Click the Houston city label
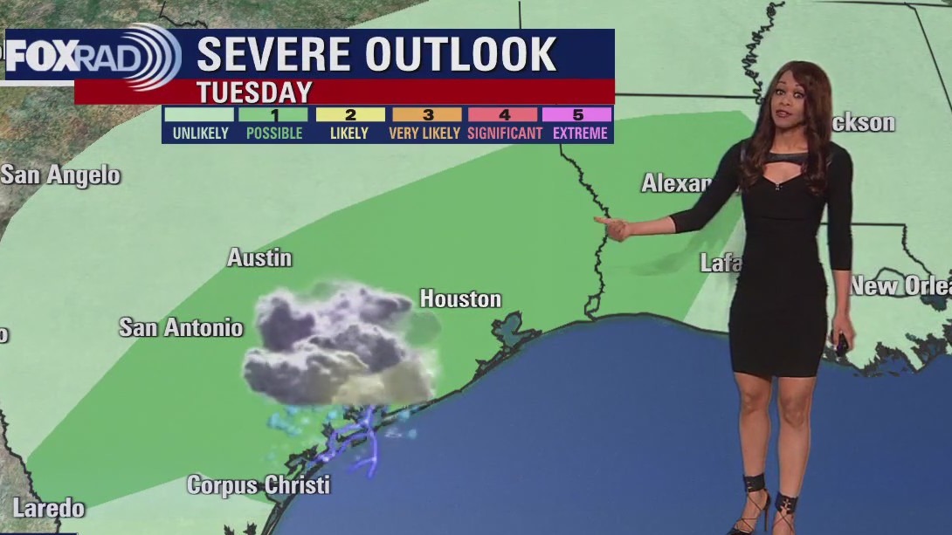[460, 299]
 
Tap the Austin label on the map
[259, 257]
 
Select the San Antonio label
[181, 328]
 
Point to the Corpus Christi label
[259, 485]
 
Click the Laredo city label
[49, 508]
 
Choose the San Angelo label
[60, 175]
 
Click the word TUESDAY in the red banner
[254, 93]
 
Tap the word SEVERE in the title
[274, 55]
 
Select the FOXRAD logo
[93, 56]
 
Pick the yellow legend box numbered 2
[350, 114]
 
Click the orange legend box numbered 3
[427, 114]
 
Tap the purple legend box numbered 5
[576, 114]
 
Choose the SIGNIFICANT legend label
[504, 134]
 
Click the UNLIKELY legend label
[200, 134]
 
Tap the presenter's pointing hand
[613, 227]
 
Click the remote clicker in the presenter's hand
[841, 344]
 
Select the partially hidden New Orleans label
[900, 285]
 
